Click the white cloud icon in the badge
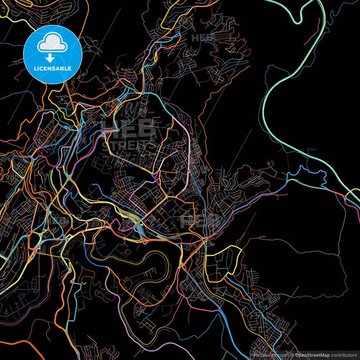51,44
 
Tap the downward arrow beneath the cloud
51,59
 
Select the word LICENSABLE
51,69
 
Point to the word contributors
342,354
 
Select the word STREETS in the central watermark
128,143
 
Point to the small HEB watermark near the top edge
203,38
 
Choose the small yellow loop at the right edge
353,197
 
